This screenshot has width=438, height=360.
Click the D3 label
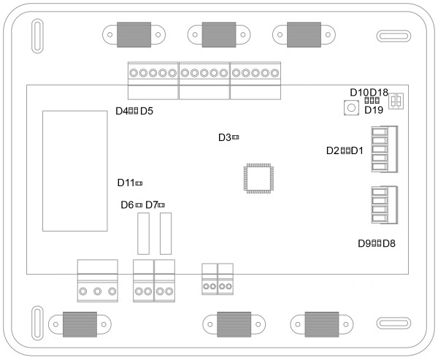pos(224,137)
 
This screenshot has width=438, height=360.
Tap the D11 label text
pos(126,183)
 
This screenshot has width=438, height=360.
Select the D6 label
pos(127,205)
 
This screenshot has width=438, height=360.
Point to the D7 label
pos(152,205)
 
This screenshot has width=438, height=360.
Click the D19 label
pos(374,110)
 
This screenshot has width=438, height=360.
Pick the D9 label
pos(364,243)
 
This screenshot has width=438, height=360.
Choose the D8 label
pos(389,243)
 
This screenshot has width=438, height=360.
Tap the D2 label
pos(333,151)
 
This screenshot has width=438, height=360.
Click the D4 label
pos(122,111)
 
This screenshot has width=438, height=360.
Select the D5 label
pos(146,111)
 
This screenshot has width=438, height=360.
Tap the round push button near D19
pos(350,108)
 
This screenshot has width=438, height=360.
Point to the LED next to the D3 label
pos(236,137)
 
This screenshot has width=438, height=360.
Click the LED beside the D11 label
pos(139,183)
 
